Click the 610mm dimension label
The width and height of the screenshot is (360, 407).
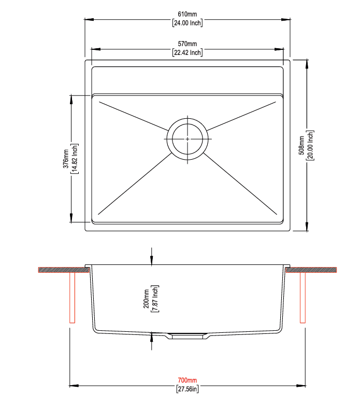tap(188, 14)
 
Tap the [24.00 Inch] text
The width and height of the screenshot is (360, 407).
tap(188, 23)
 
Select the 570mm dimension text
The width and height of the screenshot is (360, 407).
tap(188, 44)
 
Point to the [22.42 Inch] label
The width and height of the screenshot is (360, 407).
tap(188, 52)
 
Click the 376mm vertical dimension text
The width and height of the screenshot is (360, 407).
tap(66, 159)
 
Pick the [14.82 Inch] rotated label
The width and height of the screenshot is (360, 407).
tap(75, 159)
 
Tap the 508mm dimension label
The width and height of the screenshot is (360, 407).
tap(301, 145)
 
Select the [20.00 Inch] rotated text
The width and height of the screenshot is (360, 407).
tap(310, 145)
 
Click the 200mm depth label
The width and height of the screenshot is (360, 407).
tap(146, 299)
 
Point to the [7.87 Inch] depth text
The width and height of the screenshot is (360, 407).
tap(155, 299)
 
